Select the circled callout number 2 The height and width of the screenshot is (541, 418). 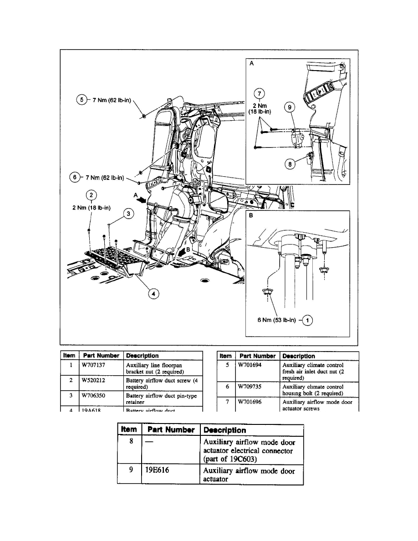pos(92,195)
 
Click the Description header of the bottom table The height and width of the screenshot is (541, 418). pos(224,430)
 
